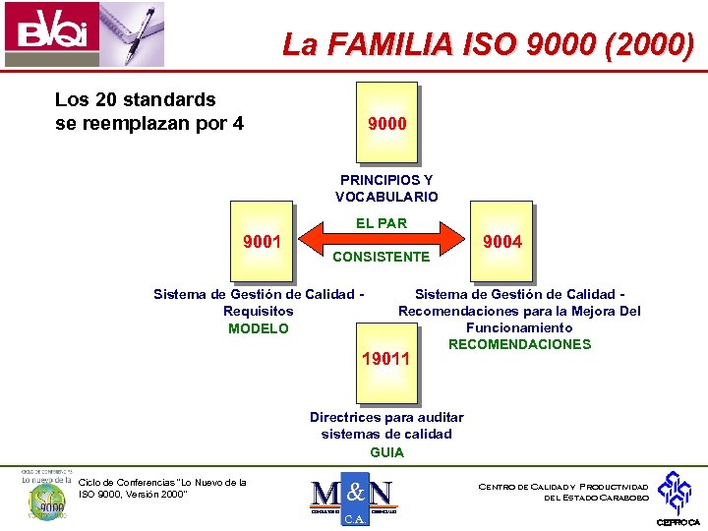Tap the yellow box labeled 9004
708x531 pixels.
click(502, 242)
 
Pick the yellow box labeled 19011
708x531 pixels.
click(386, 360)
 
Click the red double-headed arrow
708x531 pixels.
click(382, 239)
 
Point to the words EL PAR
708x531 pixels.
click(382, 223)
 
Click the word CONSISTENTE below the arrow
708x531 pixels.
click(382, 257)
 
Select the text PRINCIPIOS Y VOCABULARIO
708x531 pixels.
click(386, 189)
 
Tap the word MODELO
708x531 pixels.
click(259, 328)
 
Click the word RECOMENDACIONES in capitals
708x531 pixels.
click(519, 344)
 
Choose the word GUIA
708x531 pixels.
click(386, 452)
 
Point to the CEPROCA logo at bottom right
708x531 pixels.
click(678, 498)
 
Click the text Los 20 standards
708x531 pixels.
click(136, 99)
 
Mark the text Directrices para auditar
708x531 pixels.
click(386, 417)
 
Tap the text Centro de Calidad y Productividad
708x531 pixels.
click(562, 487)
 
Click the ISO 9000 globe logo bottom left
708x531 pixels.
click(45, 498)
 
